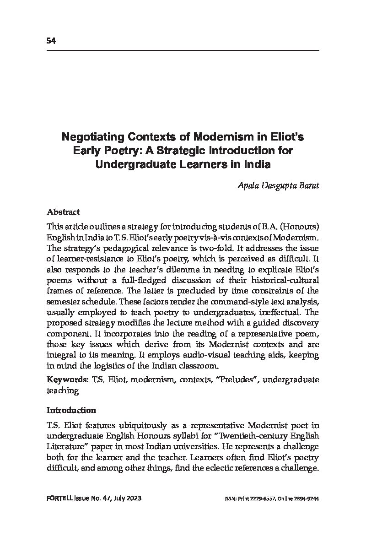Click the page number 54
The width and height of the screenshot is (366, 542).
[x=51, y=41]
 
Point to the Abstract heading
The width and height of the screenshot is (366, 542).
[x=63, y=212]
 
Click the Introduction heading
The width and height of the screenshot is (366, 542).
[x=71, y=410]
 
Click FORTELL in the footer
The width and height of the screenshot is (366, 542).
[x=58, y=499]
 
